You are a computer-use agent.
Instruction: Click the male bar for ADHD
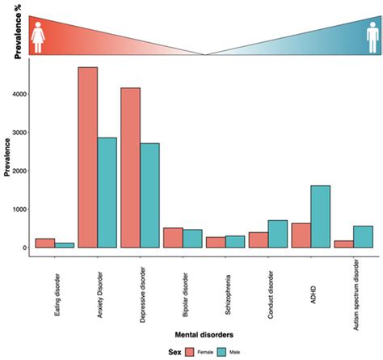pyautogui.click(x=319, y=216)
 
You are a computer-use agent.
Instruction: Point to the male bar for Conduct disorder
pyautogui.click(x=277, y=234)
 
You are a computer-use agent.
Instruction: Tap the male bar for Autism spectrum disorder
pyautogui.click(x=362, y=236)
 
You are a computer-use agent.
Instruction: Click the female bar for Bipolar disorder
pyautogui.click(x=172, y=237)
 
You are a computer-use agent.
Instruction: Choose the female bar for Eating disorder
pyautogui.click(x=45, y=243)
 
